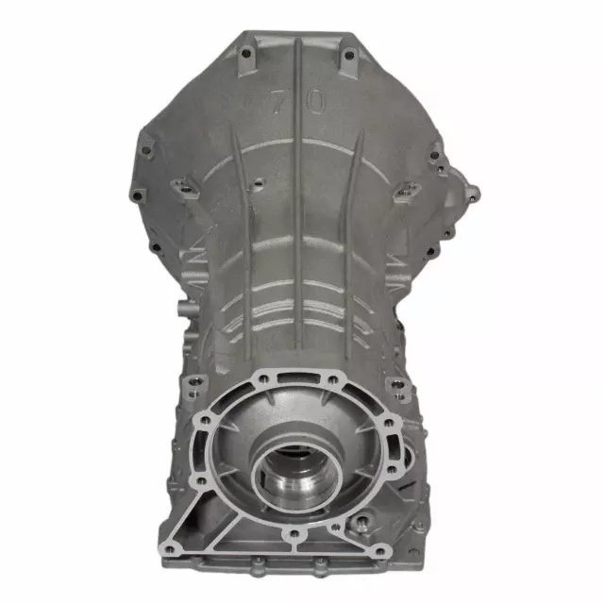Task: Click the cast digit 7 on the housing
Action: point(277,104)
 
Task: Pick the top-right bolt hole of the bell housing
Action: point(348,56)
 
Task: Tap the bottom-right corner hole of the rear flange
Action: point(380,550)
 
